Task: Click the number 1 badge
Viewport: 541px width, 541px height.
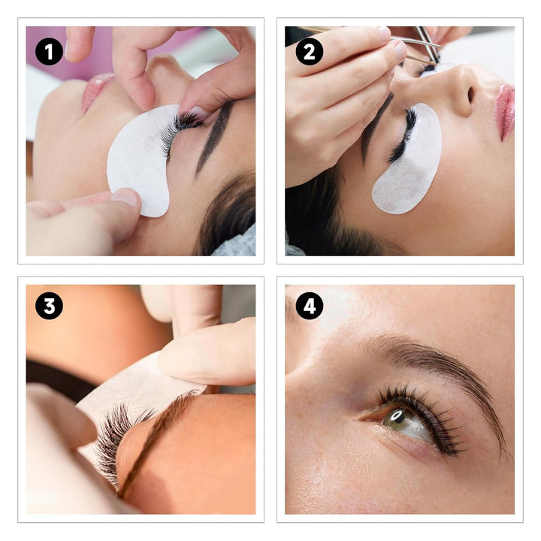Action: (49, 51)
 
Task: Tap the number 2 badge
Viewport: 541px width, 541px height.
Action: (309, 51)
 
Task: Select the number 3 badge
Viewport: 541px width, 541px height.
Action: (49, 306)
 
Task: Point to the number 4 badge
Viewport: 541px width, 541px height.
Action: (309, 306)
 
